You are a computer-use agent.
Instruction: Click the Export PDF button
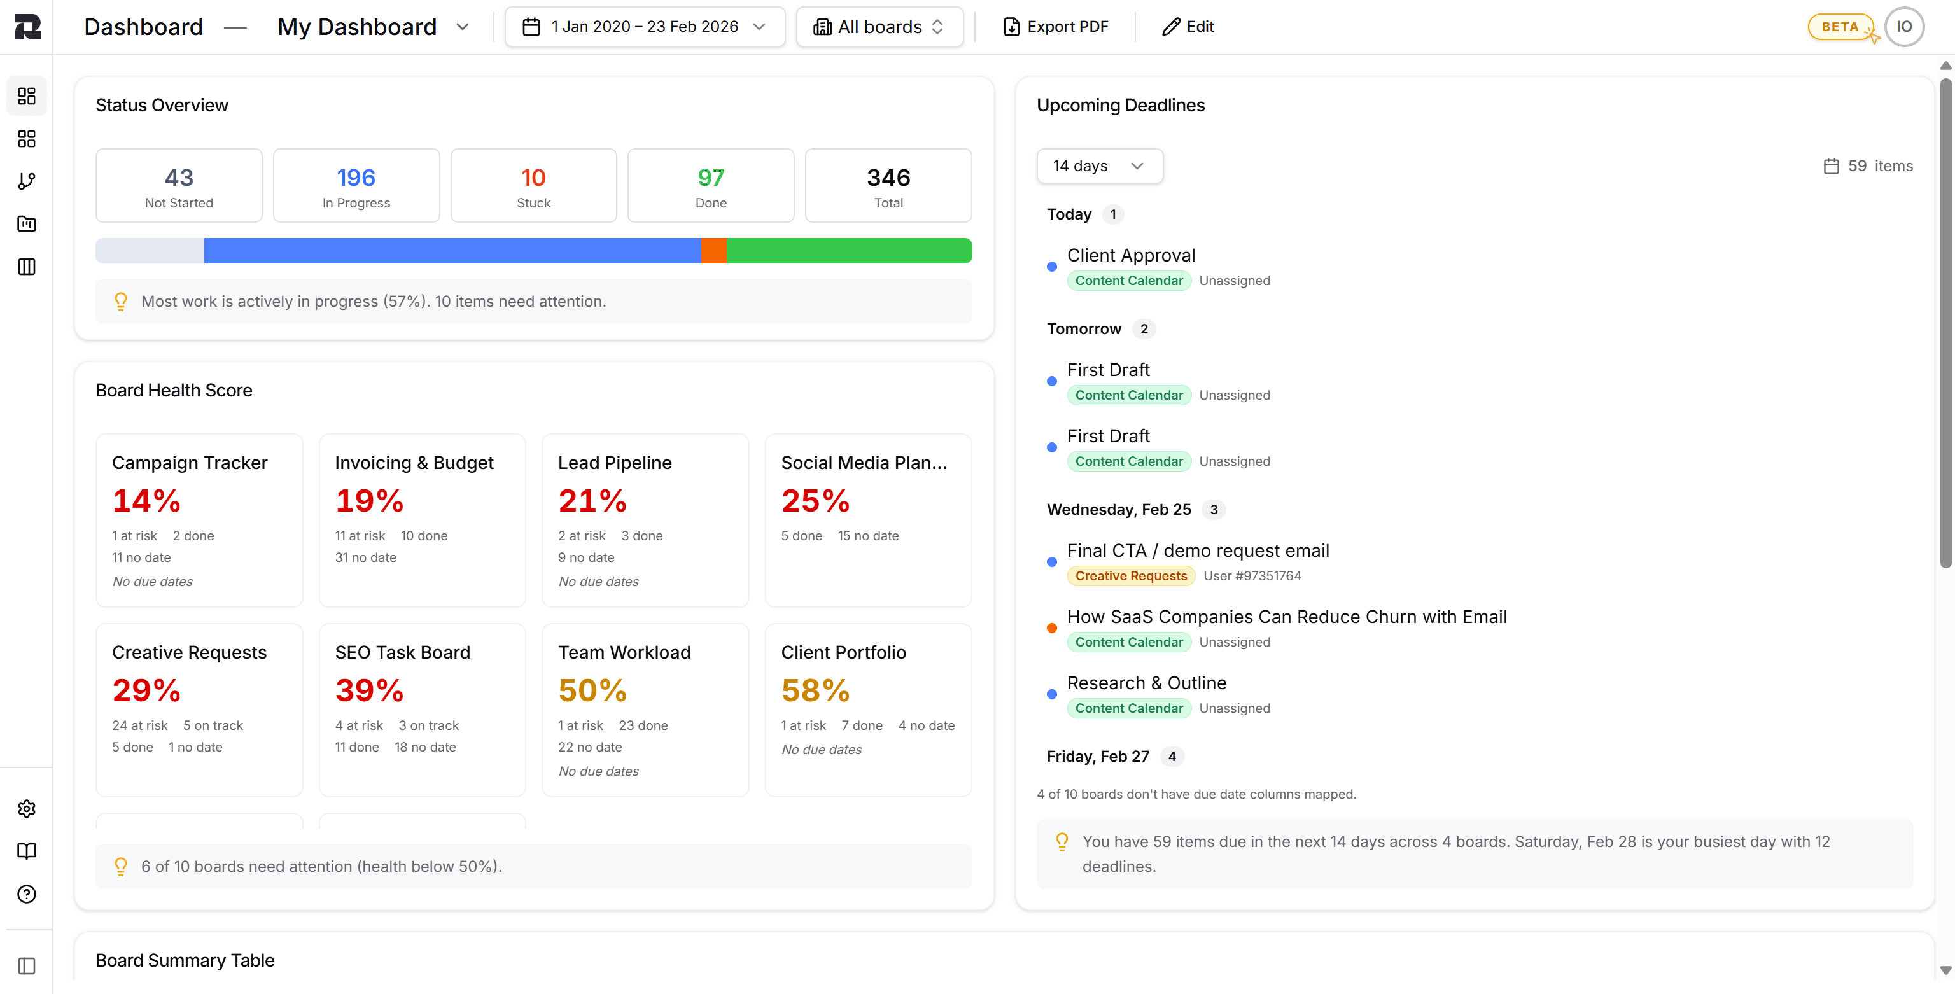pyautogui.click(x=1056, y=27)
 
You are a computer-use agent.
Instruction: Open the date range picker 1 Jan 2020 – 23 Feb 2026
pyautogui.click(x=644, y=27)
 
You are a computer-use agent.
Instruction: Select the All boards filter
pyautogui.click(x=879, y=27)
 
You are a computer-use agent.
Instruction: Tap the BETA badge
pyautogui.click(x=1839, y=27)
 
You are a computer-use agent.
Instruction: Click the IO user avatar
pyautogui.click(x=1903, y=27)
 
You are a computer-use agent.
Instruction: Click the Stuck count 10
pyautogui.click(x=533, y=178)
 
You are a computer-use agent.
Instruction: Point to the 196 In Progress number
pyautogui.click(x=356, y=178)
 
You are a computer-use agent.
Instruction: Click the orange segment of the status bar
pyautogui.click(x=713, y=250)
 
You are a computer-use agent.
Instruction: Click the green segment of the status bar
pyautogui.click(x=848, y=250)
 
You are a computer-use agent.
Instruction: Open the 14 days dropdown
pyautogui.click(x=1098, y=165)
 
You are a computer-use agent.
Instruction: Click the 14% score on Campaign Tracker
pyautogui.click(x=146, y=501)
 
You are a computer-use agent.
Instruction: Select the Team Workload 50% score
pyautogui.click(x=592, y=690)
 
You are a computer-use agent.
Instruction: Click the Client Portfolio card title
pyautogui.click(x=843, y=652)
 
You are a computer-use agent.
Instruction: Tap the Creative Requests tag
pyautogui.click(x=1130, y=576)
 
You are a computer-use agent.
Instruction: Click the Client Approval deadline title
pyautogui.click(x=1130, y=256)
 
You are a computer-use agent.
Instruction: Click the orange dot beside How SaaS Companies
pyautogui.click(x=1051, y=628)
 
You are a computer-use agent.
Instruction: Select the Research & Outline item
pyautogui.click(x=1146, y=683)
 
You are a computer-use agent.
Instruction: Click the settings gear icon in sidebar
pyautogui.click(x=27, y=809)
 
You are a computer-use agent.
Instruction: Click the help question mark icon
pyautogui.click(x=27, y=894)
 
